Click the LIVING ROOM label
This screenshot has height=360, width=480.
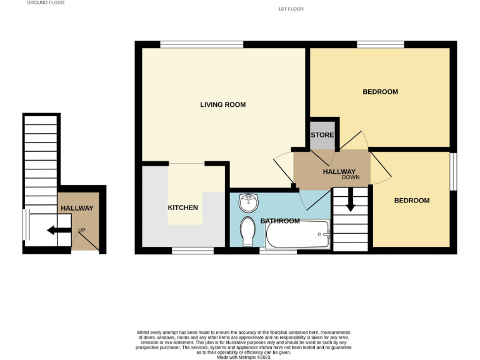tap(222, 104)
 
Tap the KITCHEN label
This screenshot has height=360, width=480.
tap(182, 207)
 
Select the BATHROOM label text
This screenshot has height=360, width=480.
tap(279, 221)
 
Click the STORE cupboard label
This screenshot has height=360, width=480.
tap(322, 135)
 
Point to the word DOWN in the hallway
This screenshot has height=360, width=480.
tap(351, 177)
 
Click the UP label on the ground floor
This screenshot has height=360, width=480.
tap(81, 231)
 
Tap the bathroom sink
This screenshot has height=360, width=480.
tap(249, 201)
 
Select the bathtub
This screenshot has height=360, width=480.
tap(297, 235)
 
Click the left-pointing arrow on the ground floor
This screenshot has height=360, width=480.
tap(58, 231)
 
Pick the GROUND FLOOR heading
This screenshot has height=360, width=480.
tap(46, 2)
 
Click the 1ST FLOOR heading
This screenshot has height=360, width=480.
tap(291, 9)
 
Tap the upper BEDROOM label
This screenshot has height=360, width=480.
tap(380, 92)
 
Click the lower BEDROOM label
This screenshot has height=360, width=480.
tap(411, 201)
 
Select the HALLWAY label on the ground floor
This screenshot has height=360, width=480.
tap(76, 208)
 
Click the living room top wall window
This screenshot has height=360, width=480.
tap(201, 44)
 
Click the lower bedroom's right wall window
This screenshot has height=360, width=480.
tap(453, 171)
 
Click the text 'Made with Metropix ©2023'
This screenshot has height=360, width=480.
tap(244, 357)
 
